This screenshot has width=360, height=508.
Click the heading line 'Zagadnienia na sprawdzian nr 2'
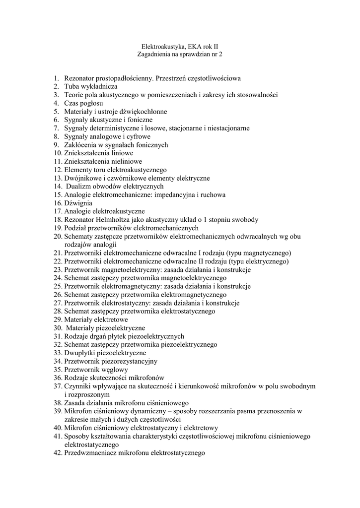tap(180, 54)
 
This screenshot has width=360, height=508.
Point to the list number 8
tap(57, 136)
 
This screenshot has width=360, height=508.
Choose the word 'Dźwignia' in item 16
tap(78, 203)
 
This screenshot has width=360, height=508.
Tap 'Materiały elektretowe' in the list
tap(96, 319)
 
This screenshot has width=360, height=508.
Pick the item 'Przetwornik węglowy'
tap(96, 370)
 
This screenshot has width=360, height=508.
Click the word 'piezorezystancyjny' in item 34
tap(130, 361)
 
